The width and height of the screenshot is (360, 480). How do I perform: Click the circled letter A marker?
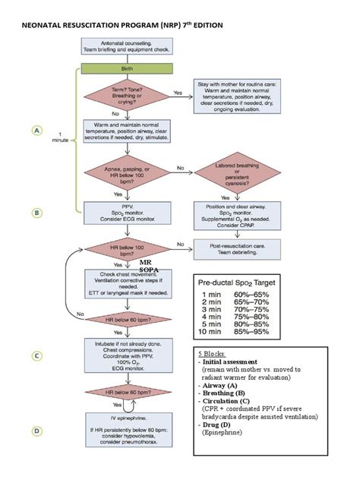coord(36,131)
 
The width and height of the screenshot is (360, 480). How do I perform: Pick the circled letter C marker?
coord(36,354)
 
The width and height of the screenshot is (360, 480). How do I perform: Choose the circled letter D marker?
coord(36,431)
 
